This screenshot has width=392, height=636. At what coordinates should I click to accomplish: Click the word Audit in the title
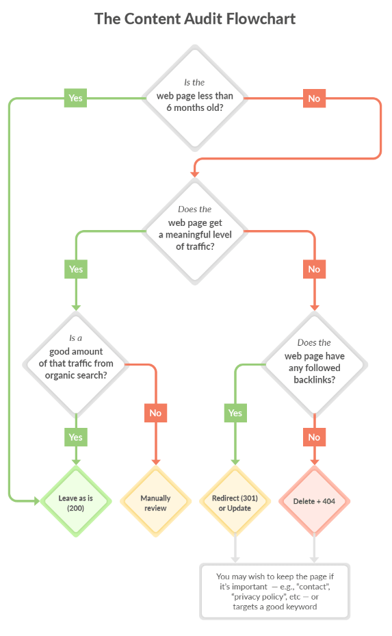click(x=203, y=18)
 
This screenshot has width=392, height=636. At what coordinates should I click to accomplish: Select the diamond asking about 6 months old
click(x=195, y=98)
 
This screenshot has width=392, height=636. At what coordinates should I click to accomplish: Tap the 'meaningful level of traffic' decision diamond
click(x=195, y=231)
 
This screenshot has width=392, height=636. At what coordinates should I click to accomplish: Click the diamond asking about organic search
click(x=76, y=364)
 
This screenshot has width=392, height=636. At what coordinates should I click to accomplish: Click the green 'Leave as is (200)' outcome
click(x=76, y=501)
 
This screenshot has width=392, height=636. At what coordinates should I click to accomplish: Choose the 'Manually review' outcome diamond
click(x=156, y=501)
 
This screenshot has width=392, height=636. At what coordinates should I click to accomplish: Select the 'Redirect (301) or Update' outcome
click(x=235, y=501)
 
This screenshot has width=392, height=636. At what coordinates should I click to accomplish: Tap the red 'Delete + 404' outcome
click(x=315, y=501)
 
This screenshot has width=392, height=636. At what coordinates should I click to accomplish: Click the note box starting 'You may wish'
click(x=275, y=592)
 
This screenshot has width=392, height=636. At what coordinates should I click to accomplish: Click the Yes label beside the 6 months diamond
click(x=76, y=98)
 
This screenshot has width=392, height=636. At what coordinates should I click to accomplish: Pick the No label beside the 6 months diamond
click(x=314, y=98)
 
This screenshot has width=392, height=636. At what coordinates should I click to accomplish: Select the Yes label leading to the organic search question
click(x=76, y=269)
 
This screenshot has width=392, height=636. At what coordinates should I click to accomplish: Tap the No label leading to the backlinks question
click(x=314, y=269)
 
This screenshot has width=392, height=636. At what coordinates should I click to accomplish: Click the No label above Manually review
click(x=156, y=413)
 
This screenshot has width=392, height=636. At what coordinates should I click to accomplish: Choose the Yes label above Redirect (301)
click(x=235, y=413)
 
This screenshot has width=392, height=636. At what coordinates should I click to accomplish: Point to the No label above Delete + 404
click(x=314, y=437)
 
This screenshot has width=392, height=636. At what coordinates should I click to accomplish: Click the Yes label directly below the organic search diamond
click(x=76, y=437)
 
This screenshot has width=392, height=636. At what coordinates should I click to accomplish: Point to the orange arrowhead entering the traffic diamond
click(x=195, y=175)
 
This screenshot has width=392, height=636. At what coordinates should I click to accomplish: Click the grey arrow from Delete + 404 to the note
click(x=315, y=548)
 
